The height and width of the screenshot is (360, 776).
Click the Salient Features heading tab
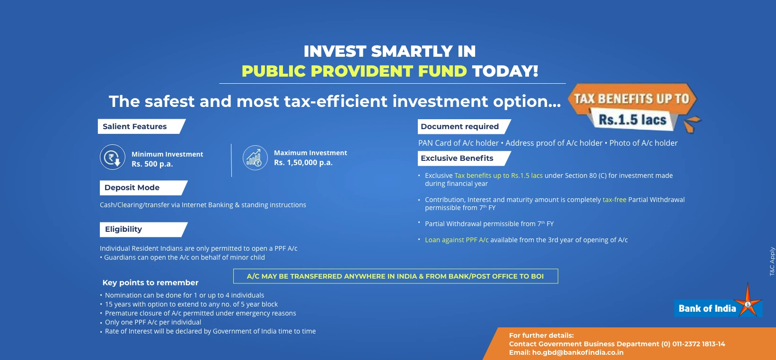(x=141, y=126)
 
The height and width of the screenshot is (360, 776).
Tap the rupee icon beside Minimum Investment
(x=113, y=157)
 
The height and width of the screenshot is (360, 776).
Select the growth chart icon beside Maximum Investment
(x=255, y=158)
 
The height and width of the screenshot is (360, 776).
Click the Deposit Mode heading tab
(x=143, y=188)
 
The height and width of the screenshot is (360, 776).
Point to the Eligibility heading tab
(x=143, y=229)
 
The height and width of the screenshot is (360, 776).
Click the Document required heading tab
(x=464, y=126)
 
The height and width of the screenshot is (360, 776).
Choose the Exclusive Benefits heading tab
(x=464, y=158)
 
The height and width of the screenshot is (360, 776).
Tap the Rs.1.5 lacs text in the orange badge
(x=632, y=120)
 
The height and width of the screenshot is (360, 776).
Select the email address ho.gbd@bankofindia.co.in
(x=577, y=352)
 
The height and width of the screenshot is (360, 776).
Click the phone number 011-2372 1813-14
(x=698, y=344)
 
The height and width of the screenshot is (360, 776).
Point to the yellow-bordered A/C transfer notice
(x=396, y=276)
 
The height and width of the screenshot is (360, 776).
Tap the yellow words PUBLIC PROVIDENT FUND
(x=354, y=71)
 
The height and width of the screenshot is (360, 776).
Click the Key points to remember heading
(x=150, y=283)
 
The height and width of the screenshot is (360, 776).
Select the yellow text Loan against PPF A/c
(x=457, y=240)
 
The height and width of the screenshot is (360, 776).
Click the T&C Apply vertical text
(x=772, y=261)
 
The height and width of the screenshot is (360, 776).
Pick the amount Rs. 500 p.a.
(x=152, y=164)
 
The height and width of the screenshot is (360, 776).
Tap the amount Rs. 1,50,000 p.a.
(x=303, y=163)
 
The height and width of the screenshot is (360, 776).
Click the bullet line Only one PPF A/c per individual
(x=153, y=322)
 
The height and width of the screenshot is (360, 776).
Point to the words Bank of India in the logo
(x=707, y=308)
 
